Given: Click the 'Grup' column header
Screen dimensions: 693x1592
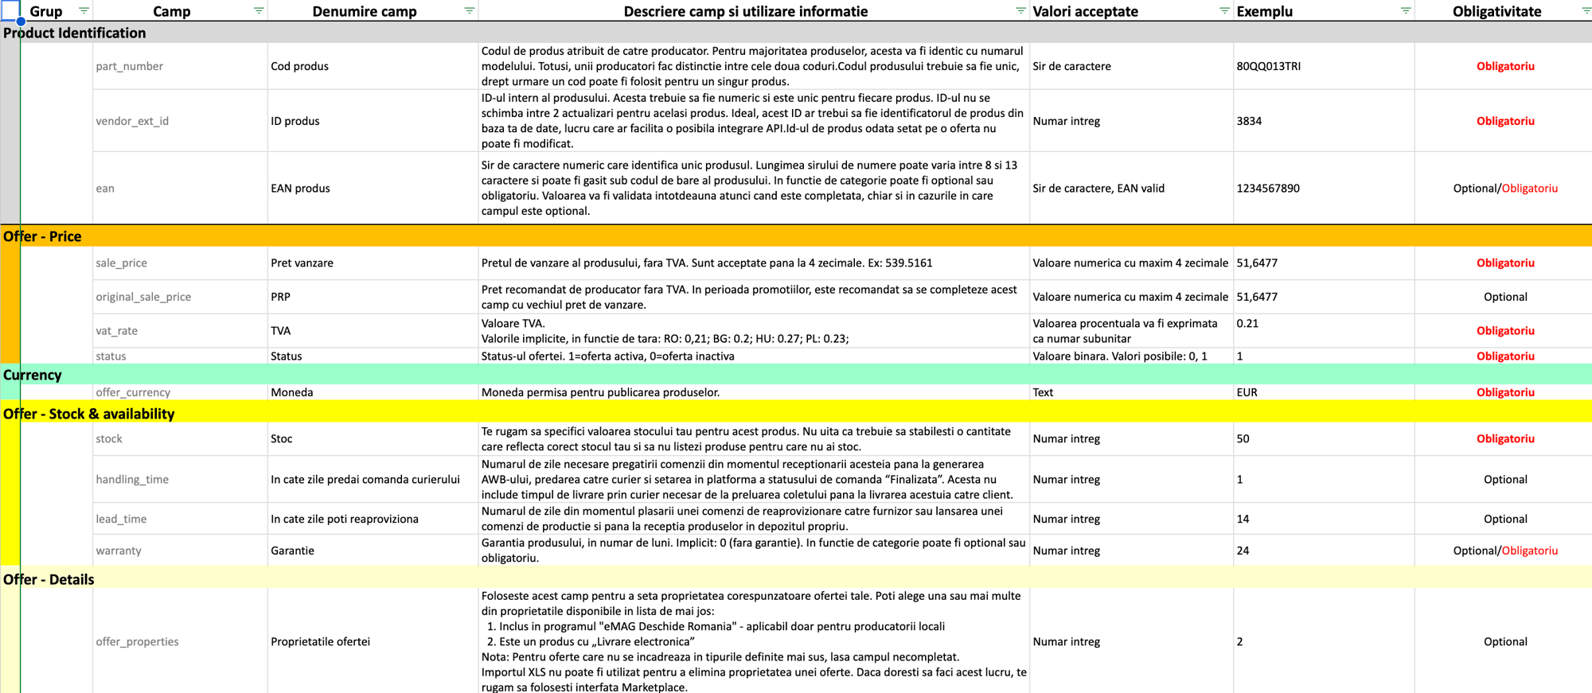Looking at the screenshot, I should coord(46,11).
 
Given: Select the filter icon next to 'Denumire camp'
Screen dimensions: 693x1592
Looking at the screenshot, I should coord(469,10).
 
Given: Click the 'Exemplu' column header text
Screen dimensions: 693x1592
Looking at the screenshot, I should coord(1264,11).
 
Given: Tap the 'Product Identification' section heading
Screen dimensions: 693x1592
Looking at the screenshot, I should coord(75,33).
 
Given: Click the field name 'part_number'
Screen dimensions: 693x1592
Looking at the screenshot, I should coord(129,66).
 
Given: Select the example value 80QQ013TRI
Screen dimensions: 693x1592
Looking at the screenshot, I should coord(1268,66).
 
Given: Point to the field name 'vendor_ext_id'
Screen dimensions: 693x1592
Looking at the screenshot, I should coord(132,121).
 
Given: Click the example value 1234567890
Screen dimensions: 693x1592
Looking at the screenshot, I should coord(1267,189).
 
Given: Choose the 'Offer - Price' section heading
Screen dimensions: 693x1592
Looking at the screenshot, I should coord(42,236).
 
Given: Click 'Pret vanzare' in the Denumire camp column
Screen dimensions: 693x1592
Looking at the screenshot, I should coord(302,263).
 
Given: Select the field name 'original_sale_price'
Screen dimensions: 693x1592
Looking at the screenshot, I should coord(143,297).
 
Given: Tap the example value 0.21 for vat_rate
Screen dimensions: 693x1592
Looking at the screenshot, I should coord(1247,323).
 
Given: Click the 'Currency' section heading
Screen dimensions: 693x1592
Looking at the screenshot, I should coord(33,375).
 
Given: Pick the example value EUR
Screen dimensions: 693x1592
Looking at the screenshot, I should coord(1247,392).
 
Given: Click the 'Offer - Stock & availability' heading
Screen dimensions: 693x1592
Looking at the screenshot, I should coord(88,414).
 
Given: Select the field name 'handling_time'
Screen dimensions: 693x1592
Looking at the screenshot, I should coord(132,479).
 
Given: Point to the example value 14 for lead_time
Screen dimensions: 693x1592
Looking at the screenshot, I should coord(1243,519).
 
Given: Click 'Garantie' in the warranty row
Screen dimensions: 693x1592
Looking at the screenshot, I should coord(292,551).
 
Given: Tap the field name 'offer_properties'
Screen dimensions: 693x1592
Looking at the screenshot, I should coord(137,641).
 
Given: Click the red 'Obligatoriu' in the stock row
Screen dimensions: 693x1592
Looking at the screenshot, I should coord(1504,438).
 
